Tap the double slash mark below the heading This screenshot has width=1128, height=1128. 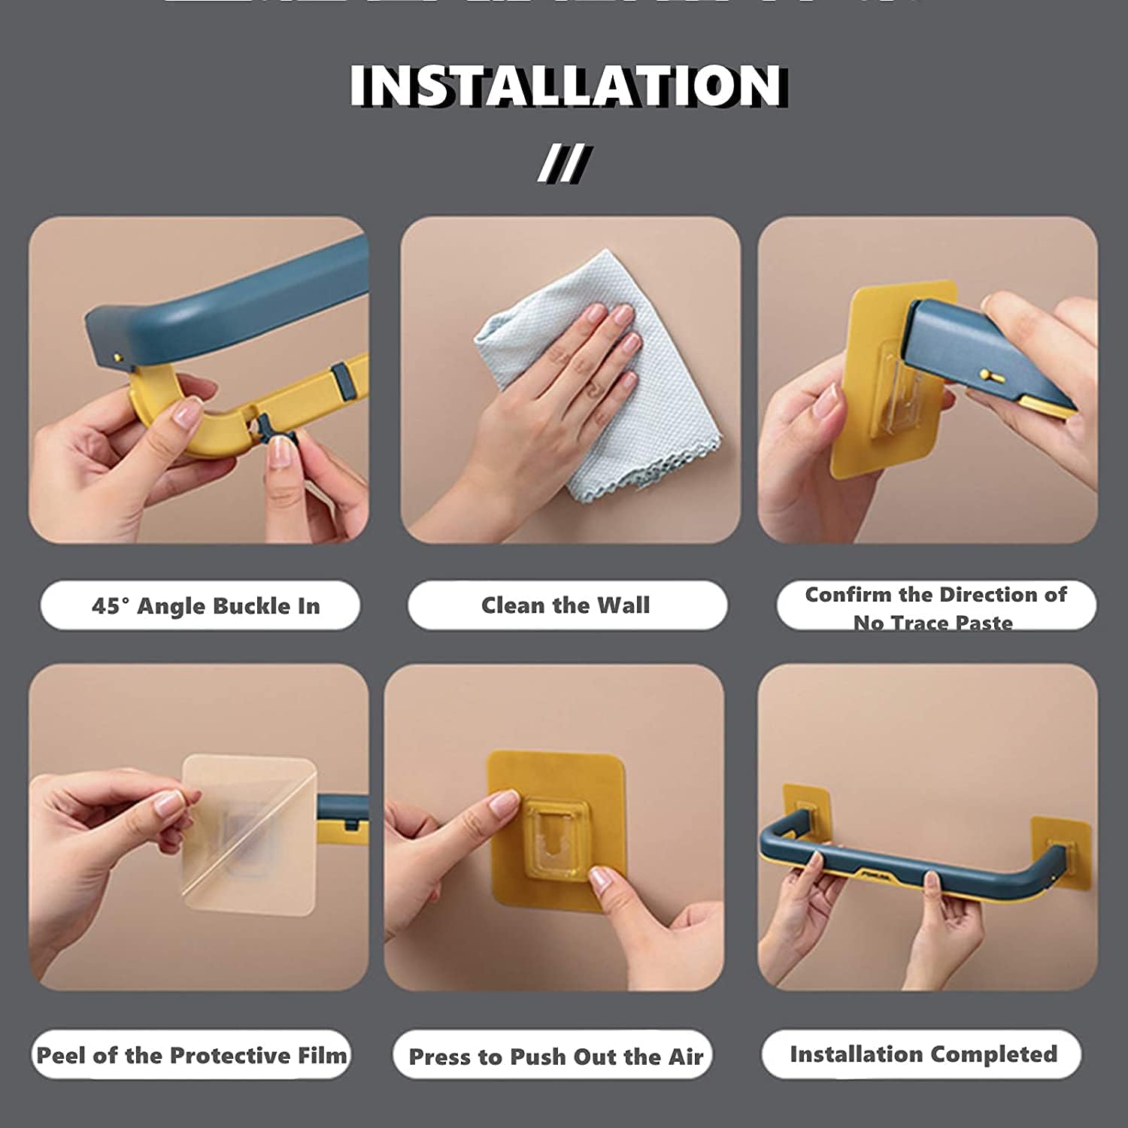tap(565, 163)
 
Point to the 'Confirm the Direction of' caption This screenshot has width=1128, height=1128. tap(935, 595)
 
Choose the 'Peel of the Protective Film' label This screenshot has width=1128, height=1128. tap(191, 1055)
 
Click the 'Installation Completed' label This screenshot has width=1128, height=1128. tap(923, 1054)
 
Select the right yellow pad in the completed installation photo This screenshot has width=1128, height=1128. tap(1060, 846)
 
